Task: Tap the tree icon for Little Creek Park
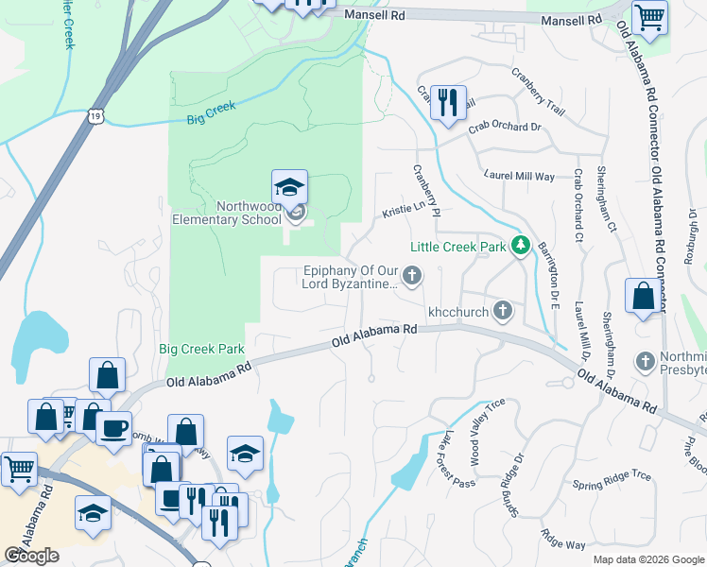click(x=519, y=247)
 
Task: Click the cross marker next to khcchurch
click(x=504, y=310)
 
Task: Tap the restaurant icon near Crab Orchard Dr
click(x=448, y=101)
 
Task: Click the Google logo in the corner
click(x=31, y=556)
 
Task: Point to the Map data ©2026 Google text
click(x=647, y=559)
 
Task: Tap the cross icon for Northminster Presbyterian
click(x=645, y=361)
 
